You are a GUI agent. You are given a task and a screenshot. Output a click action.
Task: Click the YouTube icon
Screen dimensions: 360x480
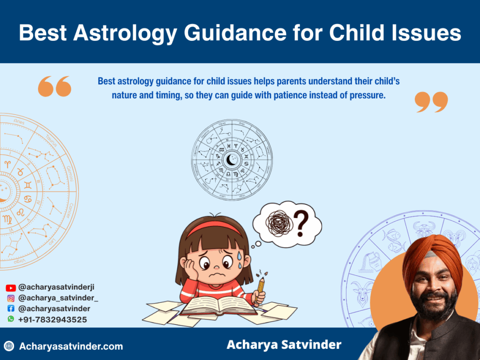click(11, 288)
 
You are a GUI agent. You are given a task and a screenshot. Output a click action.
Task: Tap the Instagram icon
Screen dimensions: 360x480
click(11, 298)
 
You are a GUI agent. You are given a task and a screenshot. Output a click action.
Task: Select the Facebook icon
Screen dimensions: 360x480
click(11, 308)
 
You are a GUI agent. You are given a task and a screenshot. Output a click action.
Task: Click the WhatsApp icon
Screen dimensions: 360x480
click(11, 319)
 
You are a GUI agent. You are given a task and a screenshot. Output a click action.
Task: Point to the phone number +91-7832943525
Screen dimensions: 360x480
click(52, 319)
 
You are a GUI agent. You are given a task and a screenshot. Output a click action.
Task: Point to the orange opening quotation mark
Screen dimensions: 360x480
click(54, 87)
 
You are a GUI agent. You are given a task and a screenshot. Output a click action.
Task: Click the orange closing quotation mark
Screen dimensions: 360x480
click(431, 102)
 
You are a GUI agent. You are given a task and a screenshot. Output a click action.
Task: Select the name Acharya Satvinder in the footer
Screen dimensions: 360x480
click(284, 345)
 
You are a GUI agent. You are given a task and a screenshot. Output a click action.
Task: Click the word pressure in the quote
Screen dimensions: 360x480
click(361, 96)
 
